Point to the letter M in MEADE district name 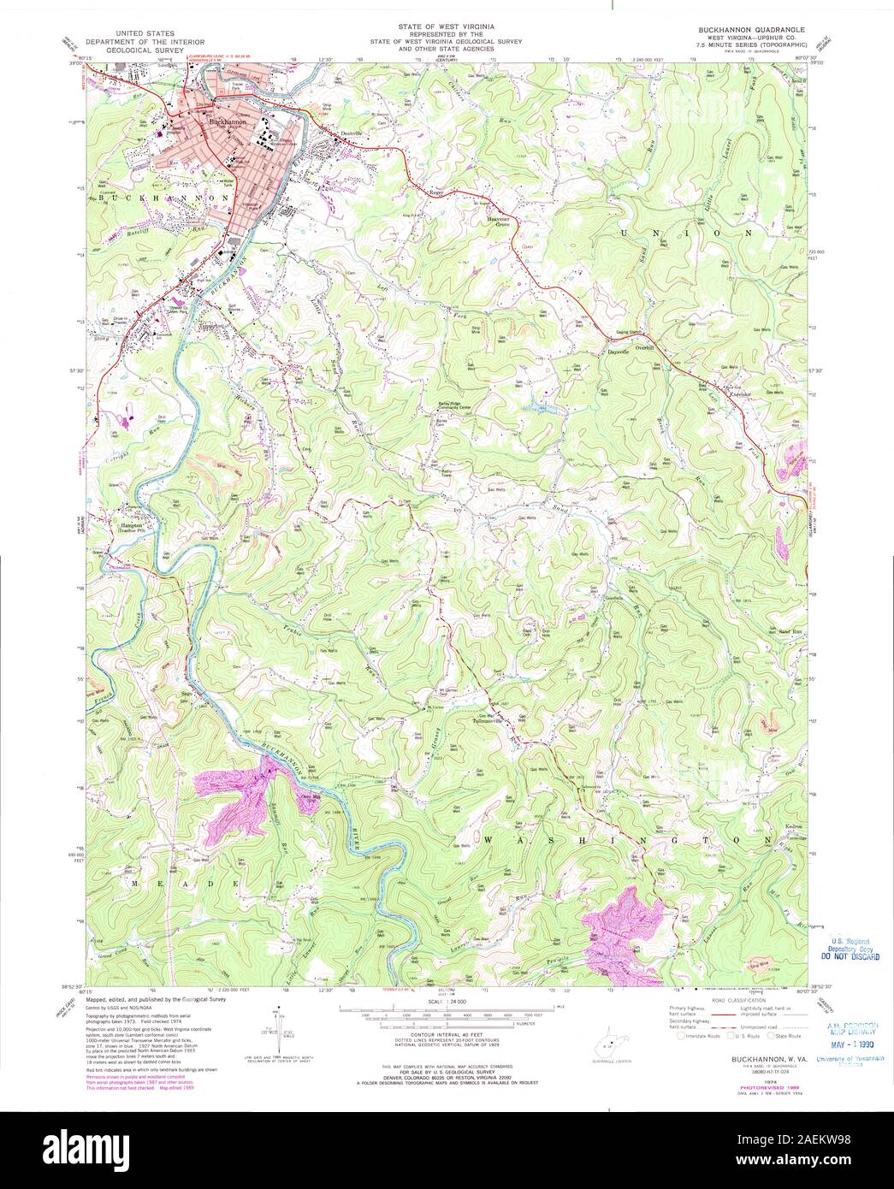coord(135,880)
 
